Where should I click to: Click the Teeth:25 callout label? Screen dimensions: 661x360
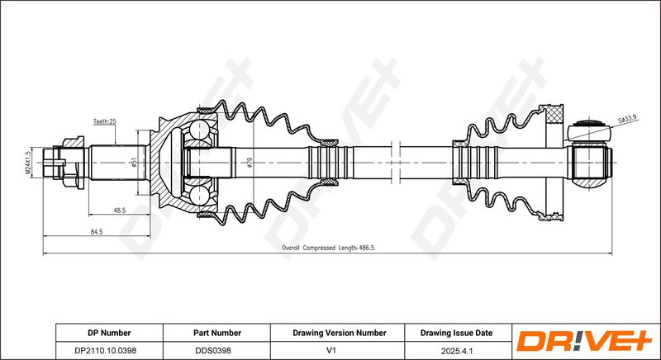[105, 121]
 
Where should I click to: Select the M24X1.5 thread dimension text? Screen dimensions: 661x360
[28, 163]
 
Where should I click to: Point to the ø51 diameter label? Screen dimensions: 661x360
[134, 163]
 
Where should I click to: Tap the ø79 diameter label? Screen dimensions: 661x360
[250, 163]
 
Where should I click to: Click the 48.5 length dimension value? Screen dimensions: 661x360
[120, 211]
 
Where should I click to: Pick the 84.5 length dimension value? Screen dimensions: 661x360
[97, 231]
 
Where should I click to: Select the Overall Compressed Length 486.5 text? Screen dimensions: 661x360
[328, 248]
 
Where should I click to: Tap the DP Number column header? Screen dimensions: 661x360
[109, 333]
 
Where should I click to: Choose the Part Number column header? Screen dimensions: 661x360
[217, 333]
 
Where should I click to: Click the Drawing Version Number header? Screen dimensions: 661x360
[340, 333]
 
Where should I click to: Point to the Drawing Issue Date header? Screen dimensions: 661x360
[456, 333]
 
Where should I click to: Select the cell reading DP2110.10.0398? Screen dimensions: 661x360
[109, 350]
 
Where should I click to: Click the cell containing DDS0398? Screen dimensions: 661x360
[213, 350]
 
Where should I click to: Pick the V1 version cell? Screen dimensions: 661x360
[331, 350]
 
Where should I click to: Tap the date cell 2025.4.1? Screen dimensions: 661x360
[457, 350]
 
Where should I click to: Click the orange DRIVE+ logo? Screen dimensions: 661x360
[584, 341]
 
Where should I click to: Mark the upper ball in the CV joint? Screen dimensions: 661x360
[198, 130]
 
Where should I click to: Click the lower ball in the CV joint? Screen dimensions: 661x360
[198, 196]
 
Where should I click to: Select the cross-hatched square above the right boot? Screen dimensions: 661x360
[554, 115]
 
